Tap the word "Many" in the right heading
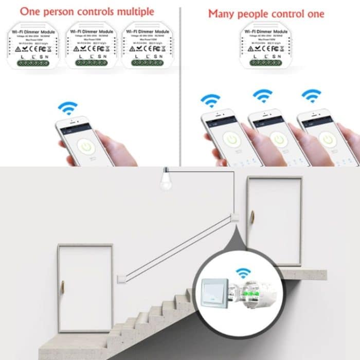(x=222, y=13)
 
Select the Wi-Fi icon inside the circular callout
(x=242, y=273)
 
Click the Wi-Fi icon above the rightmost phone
(x=311, y=96)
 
